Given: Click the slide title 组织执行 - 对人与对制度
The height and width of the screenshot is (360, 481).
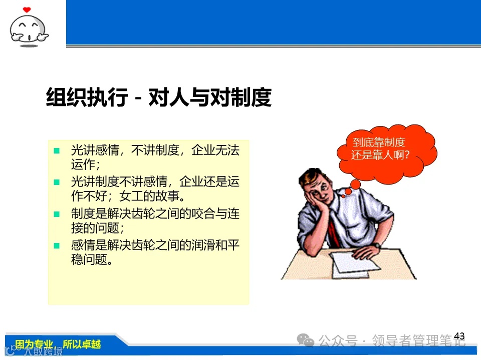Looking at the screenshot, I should [158, 97].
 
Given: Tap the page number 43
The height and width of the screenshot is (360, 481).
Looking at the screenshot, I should [459, 336].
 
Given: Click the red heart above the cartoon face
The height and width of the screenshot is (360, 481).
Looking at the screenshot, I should [27, 9].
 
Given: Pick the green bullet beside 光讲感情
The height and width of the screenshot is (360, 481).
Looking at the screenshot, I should [57, 150].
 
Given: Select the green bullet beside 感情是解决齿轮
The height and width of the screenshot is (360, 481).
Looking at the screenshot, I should [57, 245].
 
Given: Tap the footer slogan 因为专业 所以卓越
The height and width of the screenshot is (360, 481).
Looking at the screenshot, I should [58, 344].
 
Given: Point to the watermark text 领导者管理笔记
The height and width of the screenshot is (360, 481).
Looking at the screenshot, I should [418, 341].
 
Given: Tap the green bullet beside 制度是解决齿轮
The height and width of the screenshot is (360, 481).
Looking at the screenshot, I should [57, 214].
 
